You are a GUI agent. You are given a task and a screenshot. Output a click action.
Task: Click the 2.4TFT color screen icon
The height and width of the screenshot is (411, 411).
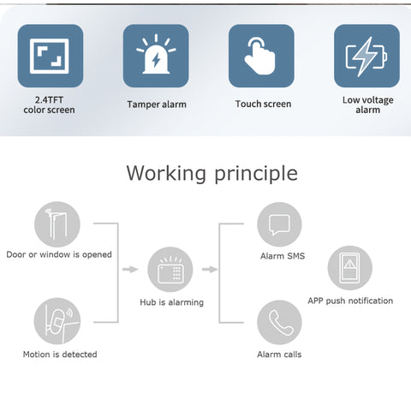click(x=51, y=56)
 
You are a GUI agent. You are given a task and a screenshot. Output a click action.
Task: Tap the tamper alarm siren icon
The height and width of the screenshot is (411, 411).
click(x=156, y=56)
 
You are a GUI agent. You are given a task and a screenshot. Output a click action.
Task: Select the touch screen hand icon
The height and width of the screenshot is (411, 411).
click(x=261, y=56)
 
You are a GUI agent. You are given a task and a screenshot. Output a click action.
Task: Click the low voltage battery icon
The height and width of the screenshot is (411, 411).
click(x=366, y=56)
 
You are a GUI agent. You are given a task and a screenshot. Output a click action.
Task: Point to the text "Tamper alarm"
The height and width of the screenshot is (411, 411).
click(x=157, y=104)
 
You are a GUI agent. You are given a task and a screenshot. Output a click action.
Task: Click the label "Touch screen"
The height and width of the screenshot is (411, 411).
click(x=263, y=104)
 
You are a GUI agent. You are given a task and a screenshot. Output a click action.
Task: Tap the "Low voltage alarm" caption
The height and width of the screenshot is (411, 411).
click(x=368, y=104)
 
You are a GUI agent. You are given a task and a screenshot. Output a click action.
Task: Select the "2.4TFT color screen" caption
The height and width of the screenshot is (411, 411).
click(x=49, y=104)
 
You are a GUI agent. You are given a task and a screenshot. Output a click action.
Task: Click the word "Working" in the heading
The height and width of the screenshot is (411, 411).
click(x=166, y=173)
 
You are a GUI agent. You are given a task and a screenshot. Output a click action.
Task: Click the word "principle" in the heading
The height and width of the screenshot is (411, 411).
click(x=256, y=174)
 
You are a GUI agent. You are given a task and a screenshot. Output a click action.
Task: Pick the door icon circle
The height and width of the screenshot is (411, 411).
click(x=57, y=224)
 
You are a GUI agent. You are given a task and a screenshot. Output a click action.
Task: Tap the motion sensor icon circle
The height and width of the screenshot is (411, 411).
click(x=57, y=321)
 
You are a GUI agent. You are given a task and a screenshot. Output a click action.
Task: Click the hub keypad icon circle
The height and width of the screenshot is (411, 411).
click(x=170, y=270)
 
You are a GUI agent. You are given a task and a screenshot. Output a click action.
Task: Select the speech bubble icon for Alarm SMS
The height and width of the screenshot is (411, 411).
click(x=279, y=224)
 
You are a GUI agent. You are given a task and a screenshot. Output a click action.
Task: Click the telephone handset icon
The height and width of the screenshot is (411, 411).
click(x=279, y=323)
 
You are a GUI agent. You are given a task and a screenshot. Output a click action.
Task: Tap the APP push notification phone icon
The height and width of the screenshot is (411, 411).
click(x=350, y=268)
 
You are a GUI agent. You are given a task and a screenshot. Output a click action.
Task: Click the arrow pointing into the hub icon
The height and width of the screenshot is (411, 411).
click(x=130, y=269)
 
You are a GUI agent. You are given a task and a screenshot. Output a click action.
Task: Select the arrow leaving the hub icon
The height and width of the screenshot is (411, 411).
click(x=210, y=269)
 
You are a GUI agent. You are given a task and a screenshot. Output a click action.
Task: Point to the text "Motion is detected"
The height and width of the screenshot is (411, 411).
click(x=60, y=354)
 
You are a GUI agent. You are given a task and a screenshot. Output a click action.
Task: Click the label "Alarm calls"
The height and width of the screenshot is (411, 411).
click(x=279, y=354)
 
